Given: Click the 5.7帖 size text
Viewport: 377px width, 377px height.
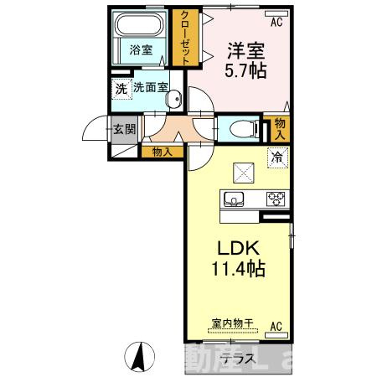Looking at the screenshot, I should (x=246, y=71).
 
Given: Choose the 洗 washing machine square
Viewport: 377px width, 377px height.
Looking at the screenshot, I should (x=121, y=86).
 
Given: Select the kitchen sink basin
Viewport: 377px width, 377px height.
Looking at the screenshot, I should (x=232, y=199).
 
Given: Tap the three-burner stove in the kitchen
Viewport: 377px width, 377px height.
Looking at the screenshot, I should (x=276, y=199).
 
